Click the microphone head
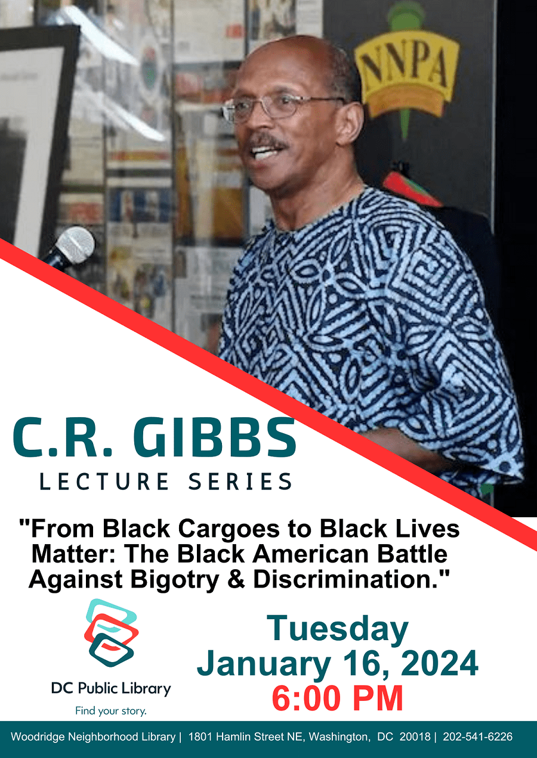[x=75, y=245]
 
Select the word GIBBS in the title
[x=214, y=438]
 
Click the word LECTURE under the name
[x=104, y=482]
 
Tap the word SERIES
[x=240, y=482]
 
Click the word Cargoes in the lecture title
[x=229, y=530]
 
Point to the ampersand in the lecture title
[x=236, y=579]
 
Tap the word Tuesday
[x=338, y=629]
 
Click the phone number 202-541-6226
[x=478, y=737]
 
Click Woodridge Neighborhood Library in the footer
[x=93, y=737]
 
